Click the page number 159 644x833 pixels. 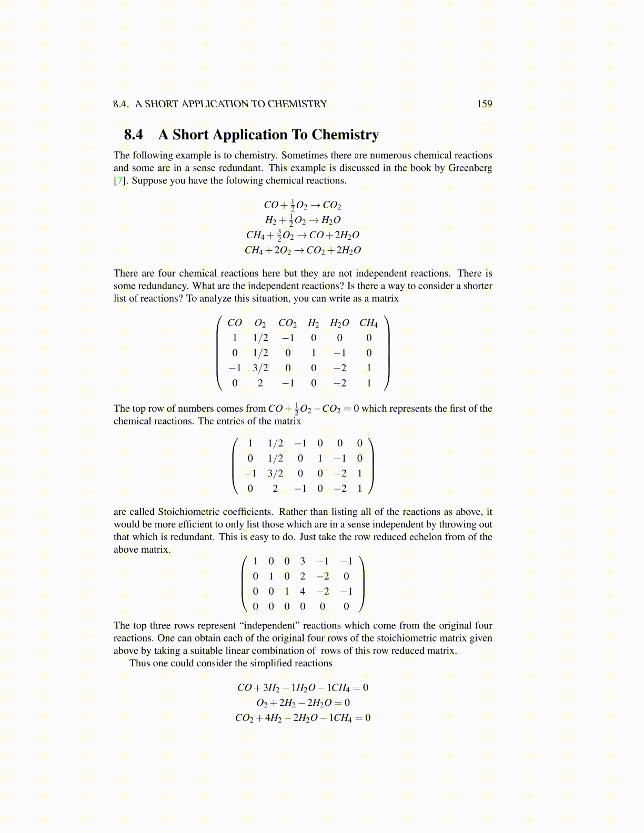coord(484,104)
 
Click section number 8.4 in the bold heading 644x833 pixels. coord(134,135)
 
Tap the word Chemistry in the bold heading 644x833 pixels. coord(345,135)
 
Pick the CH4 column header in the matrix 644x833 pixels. coord(368,323)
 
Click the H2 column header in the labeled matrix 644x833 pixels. coord(314,323)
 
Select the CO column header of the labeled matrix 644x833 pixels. coord(235,323)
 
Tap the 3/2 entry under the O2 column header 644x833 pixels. coord(260,368)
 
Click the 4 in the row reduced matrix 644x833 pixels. coord(303,591)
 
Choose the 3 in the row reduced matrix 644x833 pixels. coord(303,561)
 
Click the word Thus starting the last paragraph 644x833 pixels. coord(139,663)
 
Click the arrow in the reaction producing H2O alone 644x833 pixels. coord(313,220)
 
